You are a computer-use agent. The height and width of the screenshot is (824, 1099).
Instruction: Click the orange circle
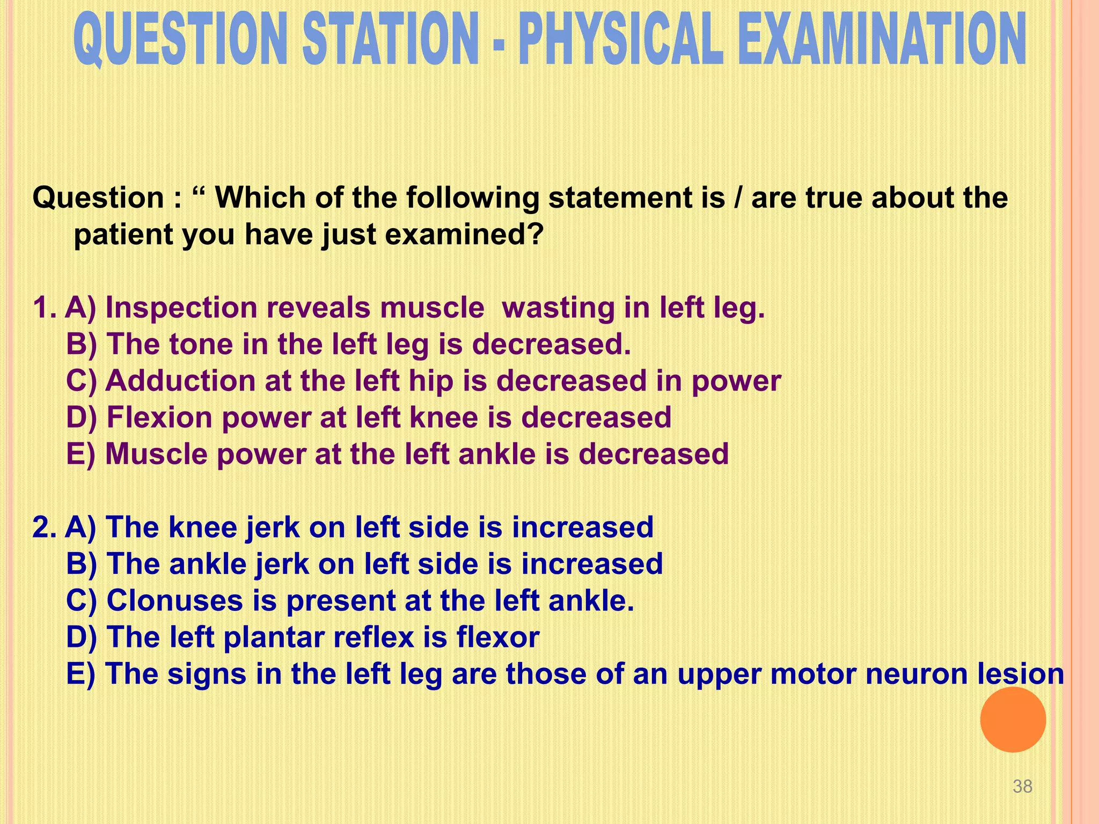coord(1013,719)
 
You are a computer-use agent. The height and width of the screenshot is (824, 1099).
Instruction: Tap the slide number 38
coord(1022,786)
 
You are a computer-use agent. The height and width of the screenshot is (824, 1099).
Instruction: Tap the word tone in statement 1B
coord(201,344)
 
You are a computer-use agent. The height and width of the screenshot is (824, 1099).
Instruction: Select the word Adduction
coord(180,381)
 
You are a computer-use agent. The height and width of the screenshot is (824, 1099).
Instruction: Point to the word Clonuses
coord(174,600)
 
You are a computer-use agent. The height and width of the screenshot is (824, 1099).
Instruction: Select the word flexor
coord(497,637)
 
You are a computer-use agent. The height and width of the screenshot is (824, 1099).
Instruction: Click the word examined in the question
coord(464,234)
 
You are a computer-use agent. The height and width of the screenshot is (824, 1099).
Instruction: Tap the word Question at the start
coord(98,198)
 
